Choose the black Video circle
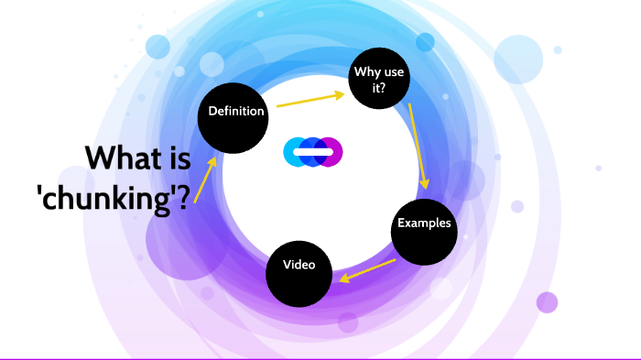point(299,271)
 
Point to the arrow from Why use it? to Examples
point(418,147)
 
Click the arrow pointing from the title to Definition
point(206,175)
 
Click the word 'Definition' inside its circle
point(236,112)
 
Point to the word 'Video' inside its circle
point(299,266)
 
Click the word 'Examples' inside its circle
point(424,224)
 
